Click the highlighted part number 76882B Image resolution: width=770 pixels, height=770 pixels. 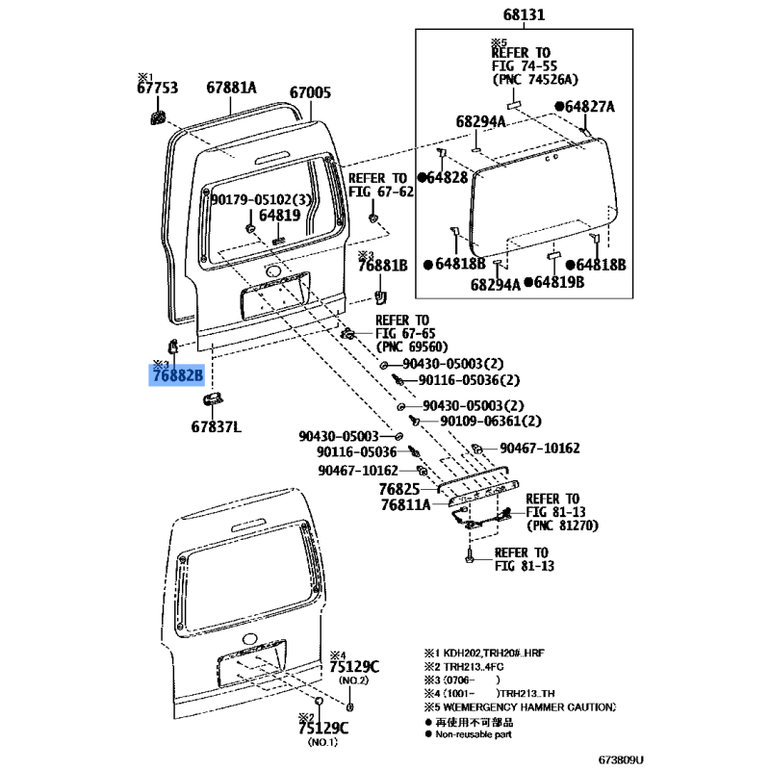click(x=177, y=375)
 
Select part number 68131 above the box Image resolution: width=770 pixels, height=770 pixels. click(x=524, y=14)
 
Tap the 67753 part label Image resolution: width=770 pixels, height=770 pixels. click(x=157, y=88)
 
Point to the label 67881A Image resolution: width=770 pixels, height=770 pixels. click(x=231, y=88)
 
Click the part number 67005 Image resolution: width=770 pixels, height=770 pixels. click(x=310, y=92)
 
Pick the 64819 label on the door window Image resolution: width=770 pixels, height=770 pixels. click(x=279, y=215)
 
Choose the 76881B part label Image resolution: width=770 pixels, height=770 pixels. click(x=382, y=266)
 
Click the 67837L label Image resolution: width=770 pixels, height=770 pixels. click(x=216, y=426)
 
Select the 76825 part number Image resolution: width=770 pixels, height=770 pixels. click(x=399, y=489)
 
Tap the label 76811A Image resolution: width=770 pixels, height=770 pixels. click(x=405, y=504)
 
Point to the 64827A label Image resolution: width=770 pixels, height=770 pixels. click(x=589, y=107)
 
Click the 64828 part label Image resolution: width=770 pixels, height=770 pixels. click(x=447, y=177)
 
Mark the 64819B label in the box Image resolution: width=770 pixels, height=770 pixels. click(x=559, y=282)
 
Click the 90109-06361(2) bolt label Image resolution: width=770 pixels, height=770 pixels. click(x=491, y=421)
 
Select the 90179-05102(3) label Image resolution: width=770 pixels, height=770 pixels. click(x=261, y=199)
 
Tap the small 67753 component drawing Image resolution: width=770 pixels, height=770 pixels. click(x=158, y=117)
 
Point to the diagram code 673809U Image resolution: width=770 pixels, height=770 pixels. click(x=621, y=759)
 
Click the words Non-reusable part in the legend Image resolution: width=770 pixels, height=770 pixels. click(x=474, y=734)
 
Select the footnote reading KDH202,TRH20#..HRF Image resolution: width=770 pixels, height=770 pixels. click(x=494, y=654)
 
